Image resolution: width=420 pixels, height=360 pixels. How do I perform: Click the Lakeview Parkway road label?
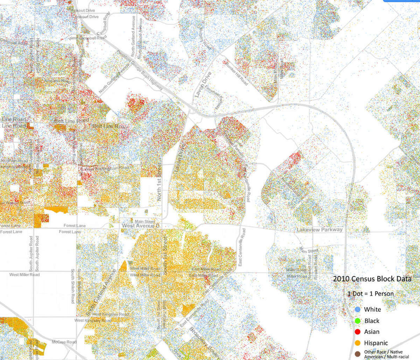320,230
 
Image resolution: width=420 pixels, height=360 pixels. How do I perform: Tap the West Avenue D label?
140,226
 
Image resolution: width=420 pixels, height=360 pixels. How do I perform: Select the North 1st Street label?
159,182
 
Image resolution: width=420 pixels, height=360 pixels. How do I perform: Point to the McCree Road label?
64,342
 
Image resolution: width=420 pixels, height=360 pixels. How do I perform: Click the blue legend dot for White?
357,309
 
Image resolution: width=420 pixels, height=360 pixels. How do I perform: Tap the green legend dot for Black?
357,320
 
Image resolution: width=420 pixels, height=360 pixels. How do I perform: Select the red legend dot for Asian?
357,332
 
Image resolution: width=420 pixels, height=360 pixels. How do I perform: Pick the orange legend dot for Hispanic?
357,343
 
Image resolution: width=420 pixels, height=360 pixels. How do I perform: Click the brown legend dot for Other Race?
357,354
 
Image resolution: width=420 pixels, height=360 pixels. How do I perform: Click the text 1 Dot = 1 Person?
370,293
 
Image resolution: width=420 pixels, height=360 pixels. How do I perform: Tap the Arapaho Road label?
56,81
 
